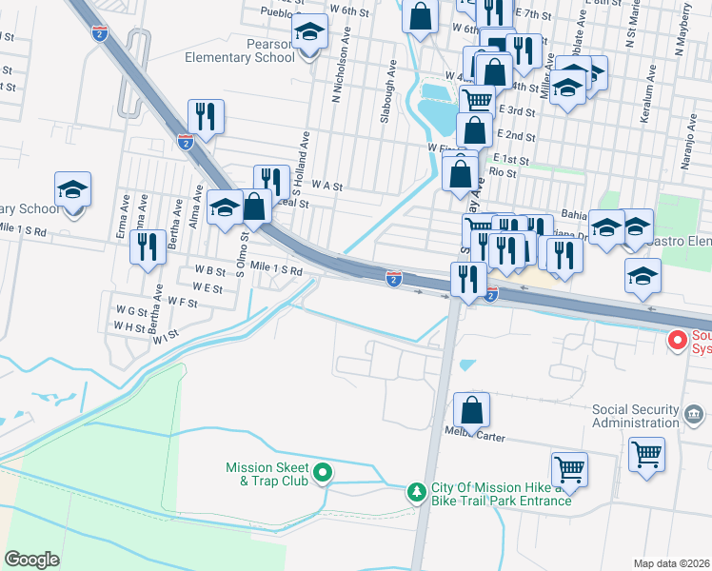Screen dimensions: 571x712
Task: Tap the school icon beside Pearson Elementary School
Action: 307,34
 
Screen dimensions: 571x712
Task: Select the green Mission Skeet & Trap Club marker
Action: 323,471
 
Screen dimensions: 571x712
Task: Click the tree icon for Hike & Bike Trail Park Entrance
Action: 416,492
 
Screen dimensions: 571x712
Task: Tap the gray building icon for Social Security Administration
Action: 695,414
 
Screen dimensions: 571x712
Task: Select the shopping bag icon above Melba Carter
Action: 471,411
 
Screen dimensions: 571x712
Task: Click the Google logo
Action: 31,560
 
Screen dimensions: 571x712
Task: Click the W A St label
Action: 326,187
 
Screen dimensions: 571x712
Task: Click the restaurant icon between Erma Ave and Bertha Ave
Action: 148,248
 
